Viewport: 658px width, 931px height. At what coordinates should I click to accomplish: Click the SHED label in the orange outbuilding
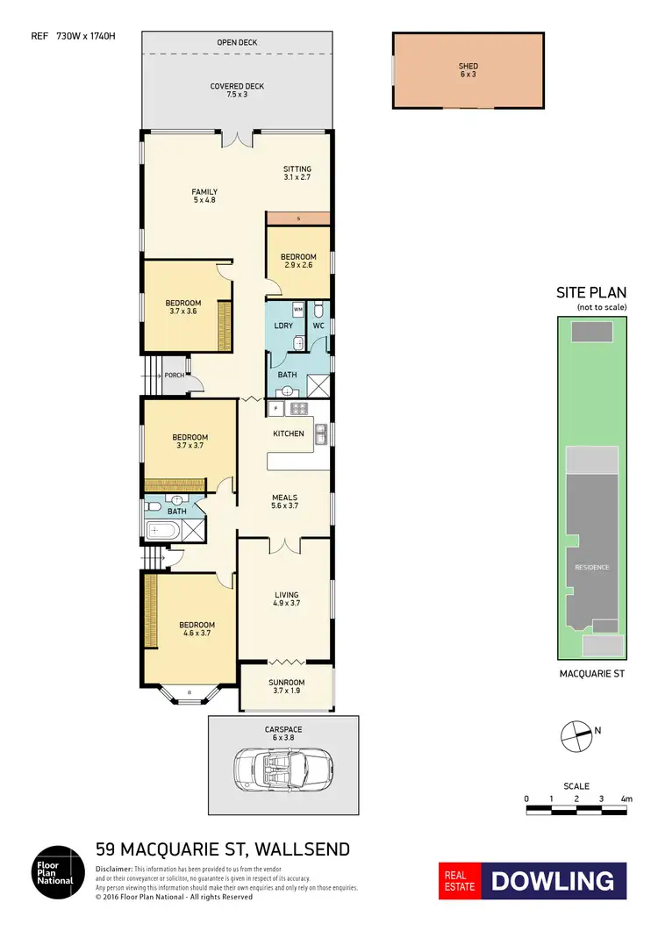coord(467,66)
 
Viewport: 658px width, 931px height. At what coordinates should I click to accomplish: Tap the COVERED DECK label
coord(237,86)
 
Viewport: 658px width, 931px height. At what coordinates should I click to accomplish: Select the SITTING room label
coord(297,168)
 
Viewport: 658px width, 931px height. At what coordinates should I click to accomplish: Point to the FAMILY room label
coord(205,192)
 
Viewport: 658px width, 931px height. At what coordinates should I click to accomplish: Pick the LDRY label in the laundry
coord(283,326)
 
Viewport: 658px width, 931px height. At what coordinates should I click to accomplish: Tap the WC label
coord(319,326)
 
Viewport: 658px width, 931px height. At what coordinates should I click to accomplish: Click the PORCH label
coord(174,376)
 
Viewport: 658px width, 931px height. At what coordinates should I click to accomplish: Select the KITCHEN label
coord(289,433)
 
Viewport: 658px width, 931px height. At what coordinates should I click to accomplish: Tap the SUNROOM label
coord(287,682)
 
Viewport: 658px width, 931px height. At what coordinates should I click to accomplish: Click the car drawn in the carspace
coord(283,769)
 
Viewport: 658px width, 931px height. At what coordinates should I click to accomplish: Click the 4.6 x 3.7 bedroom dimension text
coord(190,633)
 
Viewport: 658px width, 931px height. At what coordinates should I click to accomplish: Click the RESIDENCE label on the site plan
coord(591,567)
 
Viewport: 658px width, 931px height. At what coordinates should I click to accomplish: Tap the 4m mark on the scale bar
coord(626,799)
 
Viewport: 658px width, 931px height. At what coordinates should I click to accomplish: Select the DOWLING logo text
coord(553,881)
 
